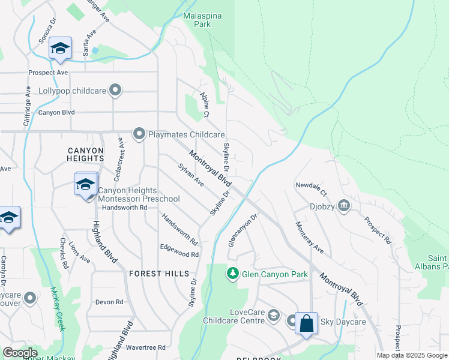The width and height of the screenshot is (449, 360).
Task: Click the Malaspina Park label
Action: click(x=197, y=20)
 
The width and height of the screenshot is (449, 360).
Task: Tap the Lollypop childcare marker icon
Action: click(x=116, y=91)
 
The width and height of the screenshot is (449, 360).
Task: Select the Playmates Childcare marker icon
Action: click(x=139, y=133)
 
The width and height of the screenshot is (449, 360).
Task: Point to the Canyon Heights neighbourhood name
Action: click(x=86, y=154)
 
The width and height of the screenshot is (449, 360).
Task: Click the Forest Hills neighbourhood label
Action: click(x=154, y=274)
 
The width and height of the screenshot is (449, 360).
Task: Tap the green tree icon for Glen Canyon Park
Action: click(x=232, y=274)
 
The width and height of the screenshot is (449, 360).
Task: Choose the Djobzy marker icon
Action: click(x=344, y=206)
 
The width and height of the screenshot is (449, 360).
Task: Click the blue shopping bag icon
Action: click(x=306, y=323)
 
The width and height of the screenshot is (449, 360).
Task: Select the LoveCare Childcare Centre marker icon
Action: click(x=274, y=315)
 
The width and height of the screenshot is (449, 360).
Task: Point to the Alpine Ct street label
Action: click(x=205, y=105)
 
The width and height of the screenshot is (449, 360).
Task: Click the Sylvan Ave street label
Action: click(x=191, y=175)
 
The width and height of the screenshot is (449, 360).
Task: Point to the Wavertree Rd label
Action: click(x=145, y=347)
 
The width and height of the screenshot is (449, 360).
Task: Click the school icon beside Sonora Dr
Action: click(x=60, y=48)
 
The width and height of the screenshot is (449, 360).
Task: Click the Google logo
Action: click(x=20, y=353)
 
